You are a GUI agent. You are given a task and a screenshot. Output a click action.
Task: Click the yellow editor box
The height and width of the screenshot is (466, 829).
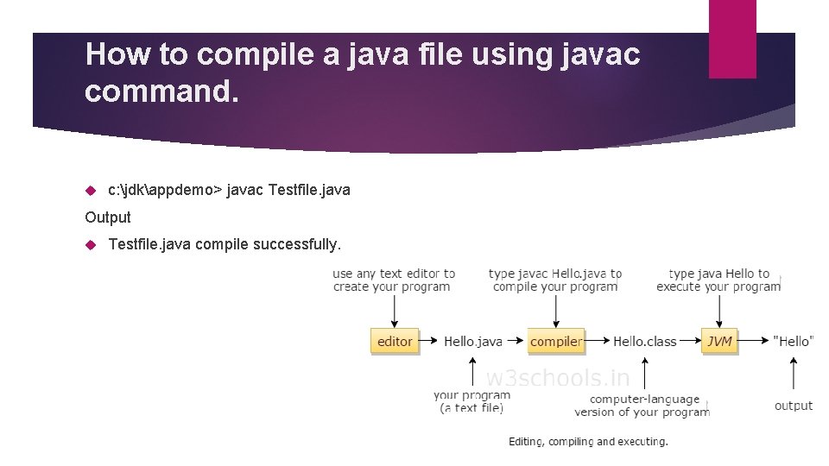point(395,341)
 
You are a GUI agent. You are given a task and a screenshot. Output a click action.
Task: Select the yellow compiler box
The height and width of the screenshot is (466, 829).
point(555,341)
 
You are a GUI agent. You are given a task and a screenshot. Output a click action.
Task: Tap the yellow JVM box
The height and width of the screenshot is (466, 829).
point(719,341)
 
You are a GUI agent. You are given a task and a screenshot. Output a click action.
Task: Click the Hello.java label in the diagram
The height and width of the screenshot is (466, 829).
point(472,341)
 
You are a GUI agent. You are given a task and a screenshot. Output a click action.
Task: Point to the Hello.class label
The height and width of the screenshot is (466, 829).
point(644,341)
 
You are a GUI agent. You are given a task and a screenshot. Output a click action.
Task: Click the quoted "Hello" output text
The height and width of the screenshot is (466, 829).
point(794,341)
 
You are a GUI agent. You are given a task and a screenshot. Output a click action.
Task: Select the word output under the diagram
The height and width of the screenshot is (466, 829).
point(794,406)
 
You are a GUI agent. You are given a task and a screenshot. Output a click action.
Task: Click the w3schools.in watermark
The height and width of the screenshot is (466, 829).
point(558,378)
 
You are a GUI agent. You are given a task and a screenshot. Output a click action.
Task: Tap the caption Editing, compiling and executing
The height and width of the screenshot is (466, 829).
point(588,442)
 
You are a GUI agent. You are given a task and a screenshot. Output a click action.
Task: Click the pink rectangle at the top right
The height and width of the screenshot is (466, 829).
point(732,39)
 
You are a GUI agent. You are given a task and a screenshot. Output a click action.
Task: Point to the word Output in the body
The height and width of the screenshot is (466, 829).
point(108,217)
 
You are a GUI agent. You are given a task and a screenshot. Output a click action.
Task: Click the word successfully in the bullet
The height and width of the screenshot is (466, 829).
point(297,246)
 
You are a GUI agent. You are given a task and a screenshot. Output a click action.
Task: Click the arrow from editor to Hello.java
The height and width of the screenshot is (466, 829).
point(429,341)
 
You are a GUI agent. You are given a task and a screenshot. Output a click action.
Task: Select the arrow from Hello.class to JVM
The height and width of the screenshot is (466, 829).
point(689,341)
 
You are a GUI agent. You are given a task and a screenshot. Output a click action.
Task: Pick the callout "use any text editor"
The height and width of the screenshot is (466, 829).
point(394,280)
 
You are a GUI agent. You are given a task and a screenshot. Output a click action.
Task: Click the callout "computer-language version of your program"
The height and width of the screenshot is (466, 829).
point(643,406)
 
